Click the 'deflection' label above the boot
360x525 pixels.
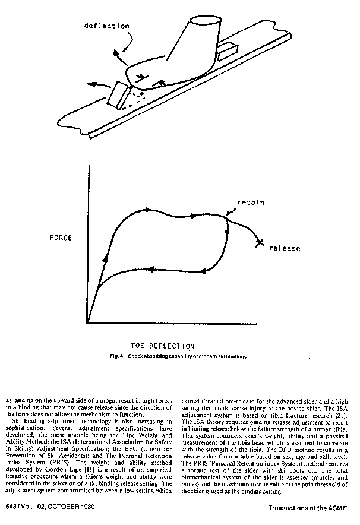(x=108, y=26)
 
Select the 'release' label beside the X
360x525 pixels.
(x=285, y=248)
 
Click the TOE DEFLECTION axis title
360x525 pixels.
(x=162, y=345)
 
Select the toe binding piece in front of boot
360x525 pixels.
(x=117, y=95)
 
